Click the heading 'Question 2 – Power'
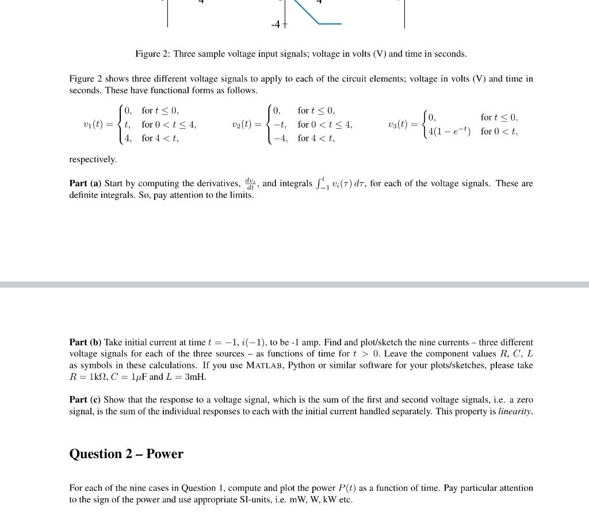[x=126, y=454]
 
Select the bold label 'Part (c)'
[x=86, y=399]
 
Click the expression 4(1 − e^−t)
[x=449, y=132]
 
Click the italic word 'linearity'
[x=515, y=412]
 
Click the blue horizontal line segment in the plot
[x=330, y=24]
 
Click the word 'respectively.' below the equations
[x=93, y=159]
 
